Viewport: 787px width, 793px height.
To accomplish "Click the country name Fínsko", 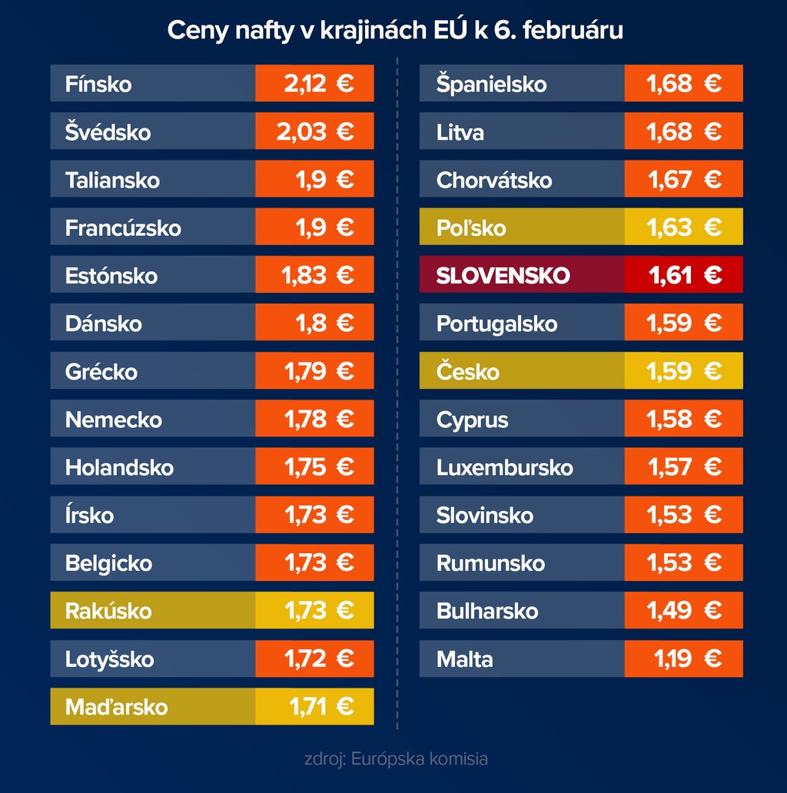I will click(x=98, y=84).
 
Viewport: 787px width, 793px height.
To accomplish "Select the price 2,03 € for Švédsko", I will click(x=314, y=131).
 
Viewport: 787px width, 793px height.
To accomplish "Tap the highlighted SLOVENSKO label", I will click(x=503, y=275).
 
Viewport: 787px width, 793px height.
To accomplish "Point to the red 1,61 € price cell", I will click(x=684, y=275).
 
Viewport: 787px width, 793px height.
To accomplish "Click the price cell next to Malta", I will click(x=684, y=659).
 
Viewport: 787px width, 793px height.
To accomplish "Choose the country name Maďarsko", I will click(x=116, y=706).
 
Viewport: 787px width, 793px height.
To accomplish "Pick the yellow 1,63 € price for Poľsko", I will click(x=684, y=227).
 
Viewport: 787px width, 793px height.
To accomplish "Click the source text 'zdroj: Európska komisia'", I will click(x=396, y=759).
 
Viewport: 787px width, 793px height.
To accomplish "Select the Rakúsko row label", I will click(x=108, y=611).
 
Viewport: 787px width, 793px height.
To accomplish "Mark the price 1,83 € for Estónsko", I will click(x=314, y=275).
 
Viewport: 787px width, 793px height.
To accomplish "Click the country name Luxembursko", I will click(x=504, y=467).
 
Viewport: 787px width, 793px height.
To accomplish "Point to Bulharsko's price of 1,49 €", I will click(x=684, y=611).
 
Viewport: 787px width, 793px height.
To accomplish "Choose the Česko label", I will click(x=467, y=372).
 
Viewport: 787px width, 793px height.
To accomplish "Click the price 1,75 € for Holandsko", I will click(x=314, y=467).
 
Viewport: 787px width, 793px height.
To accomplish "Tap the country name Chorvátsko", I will click(x=493, y=180).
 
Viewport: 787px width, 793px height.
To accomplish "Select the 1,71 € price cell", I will click(x=314, y=706).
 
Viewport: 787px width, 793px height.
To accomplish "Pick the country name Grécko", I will click(x=101, y=372).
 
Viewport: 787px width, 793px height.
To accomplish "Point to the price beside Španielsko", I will click(x=684, y=84).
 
